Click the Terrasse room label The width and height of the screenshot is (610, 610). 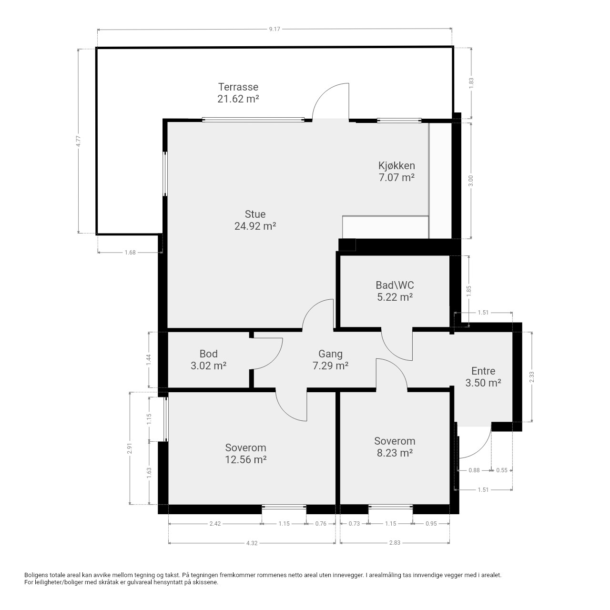tap(238, 87)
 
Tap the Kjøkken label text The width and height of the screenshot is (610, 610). tap(396, 165)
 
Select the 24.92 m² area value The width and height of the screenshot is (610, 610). tap(255, 226)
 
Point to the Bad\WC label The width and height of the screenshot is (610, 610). tap(395, 285)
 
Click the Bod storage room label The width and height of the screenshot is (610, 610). tap(209, 354)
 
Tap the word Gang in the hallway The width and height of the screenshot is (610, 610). tap(330, 354)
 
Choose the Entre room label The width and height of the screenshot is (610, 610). tap(483, 371)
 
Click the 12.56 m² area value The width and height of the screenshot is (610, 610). tap(245, 459)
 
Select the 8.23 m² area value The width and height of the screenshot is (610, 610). tap(395, 453)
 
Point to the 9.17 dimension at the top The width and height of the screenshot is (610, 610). tap(274, 29)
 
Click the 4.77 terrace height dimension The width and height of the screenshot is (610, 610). tap(78, 141)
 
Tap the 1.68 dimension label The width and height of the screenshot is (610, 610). tap(130, 252)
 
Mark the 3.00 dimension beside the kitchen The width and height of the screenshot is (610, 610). tap(470, 181)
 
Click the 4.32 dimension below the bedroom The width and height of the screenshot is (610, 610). tap(252, 543)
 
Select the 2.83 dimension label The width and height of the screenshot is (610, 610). tap(395, 543)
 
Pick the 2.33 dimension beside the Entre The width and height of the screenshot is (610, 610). tap(531, 376)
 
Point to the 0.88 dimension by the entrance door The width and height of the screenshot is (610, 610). tap(474, 470)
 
